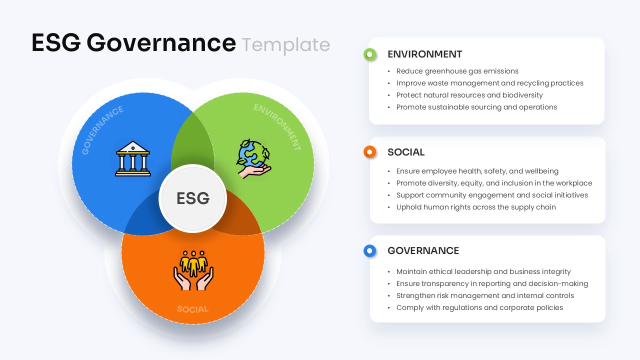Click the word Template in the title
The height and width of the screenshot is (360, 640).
point(286,44)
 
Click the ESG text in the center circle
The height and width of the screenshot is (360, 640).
point(193,198)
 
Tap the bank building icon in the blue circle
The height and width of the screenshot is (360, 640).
point(133,158)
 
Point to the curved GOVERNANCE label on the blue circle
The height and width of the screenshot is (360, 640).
point(102,129)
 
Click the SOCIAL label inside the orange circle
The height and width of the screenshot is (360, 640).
point(192,309)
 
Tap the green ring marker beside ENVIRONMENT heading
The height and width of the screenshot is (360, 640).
point(369,54)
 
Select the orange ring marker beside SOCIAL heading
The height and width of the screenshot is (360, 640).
point(369,152)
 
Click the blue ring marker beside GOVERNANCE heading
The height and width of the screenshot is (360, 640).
point(369,250)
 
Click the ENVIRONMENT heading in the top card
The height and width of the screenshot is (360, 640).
point(424,54)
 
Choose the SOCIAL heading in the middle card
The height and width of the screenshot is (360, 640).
point(405,152)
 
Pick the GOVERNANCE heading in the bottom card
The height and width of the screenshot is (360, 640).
point(423,250)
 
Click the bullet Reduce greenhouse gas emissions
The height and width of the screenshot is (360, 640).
point(457,71)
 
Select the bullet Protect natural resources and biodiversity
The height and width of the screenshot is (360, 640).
point(469,95)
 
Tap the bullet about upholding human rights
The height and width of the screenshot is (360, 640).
point(475,207)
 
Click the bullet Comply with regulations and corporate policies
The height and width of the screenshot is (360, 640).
point(479,307)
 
